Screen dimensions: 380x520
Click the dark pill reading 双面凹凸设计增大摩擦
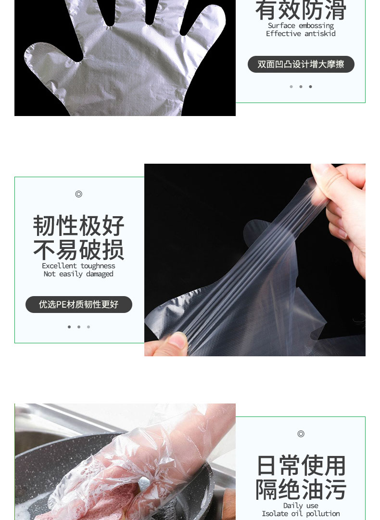(x=301, y=65)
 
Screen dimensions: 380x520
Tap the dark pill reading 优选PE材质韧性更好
(x=79, y=304)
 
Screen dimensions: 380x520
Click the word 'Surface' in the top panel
(x=281, y=26)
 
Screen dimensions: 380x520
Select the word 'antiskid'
(x=320, y=34)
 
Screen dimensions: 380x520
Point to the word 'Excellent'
(x=59, y=266)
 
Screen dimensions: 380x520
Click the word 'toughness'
(x=98, y=266)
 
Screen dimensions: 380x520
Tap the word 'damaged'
(x=100, y=274)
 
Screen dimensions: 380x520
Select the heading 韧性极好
(x=79, y=225)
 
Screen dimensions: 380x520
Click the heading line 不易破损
(x=79, y=249)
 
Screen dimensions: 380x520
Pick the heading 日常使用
(x=301, y=466)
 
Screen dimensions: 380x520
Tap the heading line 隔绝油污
(x=301, y=489)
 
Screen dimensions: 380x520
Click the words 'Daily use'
(x=301, y=506)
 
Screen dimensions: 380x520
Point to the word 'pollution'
(x=323, y=514)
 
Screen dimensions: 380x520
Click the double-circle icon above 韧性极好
(x=78, y=194)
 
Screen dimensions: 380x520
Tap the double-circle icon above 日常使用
(x=301, y=434)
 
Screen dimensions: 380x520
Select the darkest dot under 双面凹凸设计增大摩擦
(x=310, y=87)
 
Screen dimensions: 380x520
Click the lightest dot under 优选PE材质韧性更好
(x=89, y=327)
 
